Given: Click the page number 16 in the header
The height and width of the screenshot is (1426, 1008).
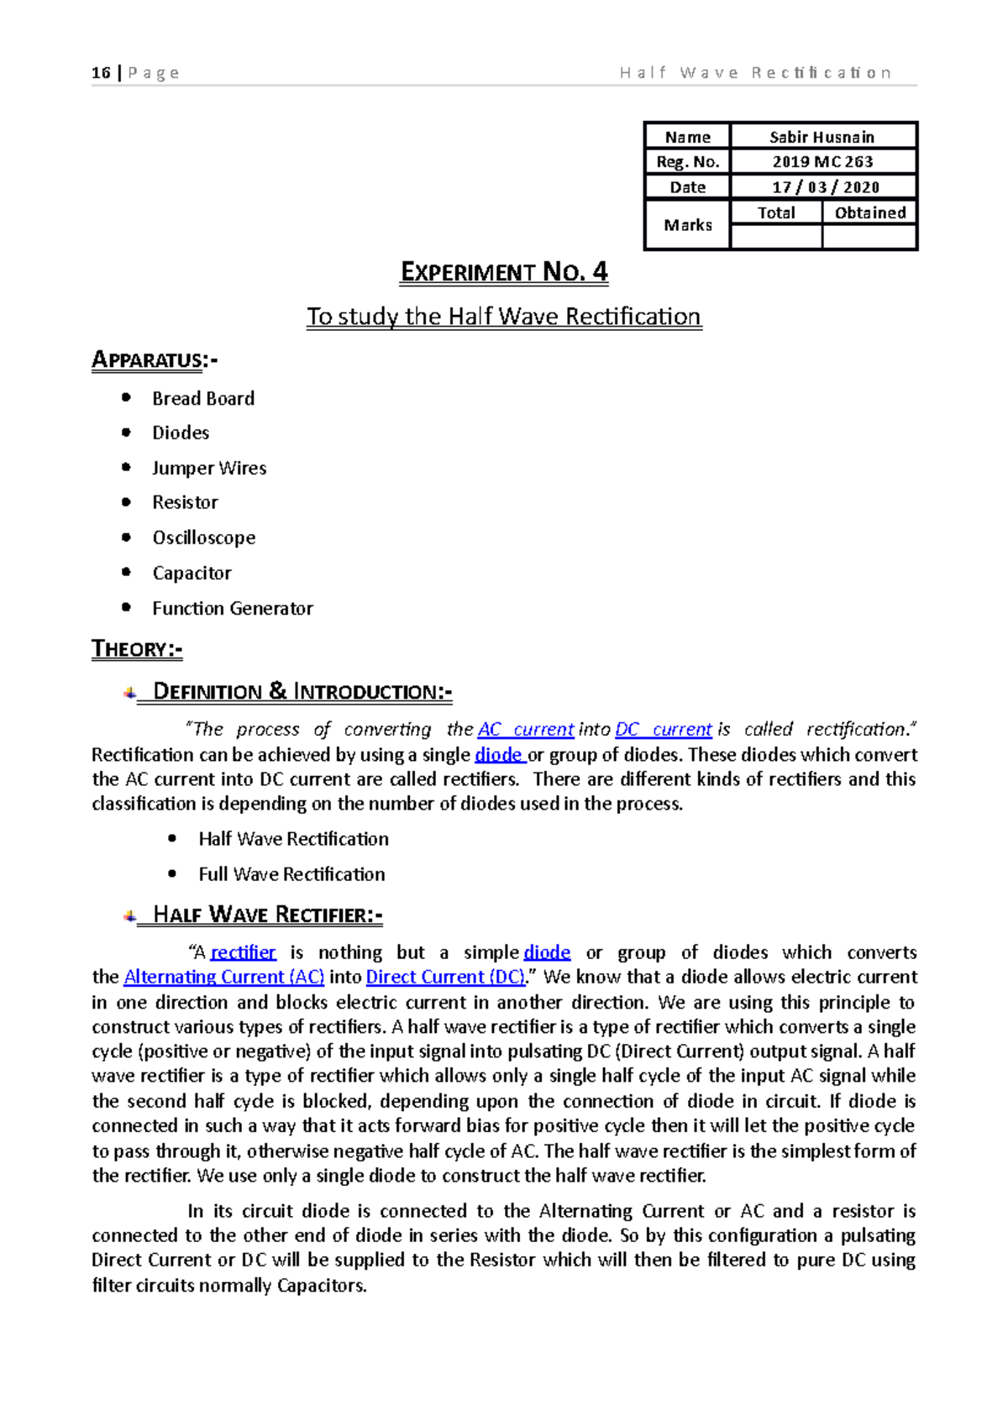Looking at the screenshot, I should coord(101,73).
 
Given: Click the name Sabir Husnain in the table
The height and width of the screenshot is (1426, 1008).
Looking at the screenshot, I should coord(822,137).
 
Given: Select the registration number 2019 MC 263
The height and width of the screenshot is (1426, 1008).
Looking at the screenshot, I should coord(822,161).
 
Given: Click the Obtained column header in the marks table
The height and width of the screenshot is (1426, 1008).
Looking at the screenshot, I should coord(869,212).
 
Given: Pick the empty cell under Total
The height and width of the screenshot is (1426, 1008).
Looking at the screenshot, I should coord(775,238).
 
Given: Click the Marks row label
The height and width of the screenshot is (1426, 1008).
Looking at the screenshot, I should coord(687,225).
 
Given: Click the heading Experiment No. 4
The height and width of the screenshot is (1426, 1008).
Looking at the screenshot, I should coord(503,272).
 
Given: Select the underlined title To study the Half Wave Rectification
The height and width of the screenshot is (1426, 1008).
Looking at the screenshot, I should coord(503,317).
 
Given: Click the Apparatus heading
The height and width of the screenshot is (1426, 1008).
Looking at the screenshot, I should coord(154,360).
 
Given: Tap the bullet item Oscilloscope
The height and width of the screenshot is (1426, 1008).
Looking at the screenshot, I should coord(203,537).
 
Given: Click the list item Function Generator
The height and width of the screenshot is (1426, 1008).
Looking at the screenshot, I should coord(232,608).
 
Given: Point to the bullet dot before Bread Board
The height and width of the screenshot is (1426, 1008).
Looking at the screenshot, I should coord(126,397).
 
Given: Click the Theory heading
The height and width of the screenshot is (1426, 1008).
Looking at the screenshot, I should coord(136,649).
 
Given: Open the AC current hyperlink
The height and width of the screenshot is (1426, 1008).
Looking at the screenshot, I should coord(525,729).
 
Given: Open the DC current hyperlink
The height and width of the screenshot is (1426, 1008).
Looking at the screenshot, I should coord(663,729).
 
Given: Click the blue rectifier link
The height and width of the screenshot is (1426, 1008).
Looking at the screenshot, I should coord(243,952).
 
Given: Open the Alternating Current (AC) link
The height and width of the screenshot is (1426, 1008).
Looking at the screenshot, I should coord(223,977).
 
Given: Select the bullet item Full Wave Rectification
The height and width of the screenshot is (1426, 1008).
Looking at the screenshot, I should coord(291,874).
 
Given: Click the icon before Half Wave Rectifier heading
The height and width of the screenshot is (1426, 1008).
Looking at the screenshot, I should coord(129,915).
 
